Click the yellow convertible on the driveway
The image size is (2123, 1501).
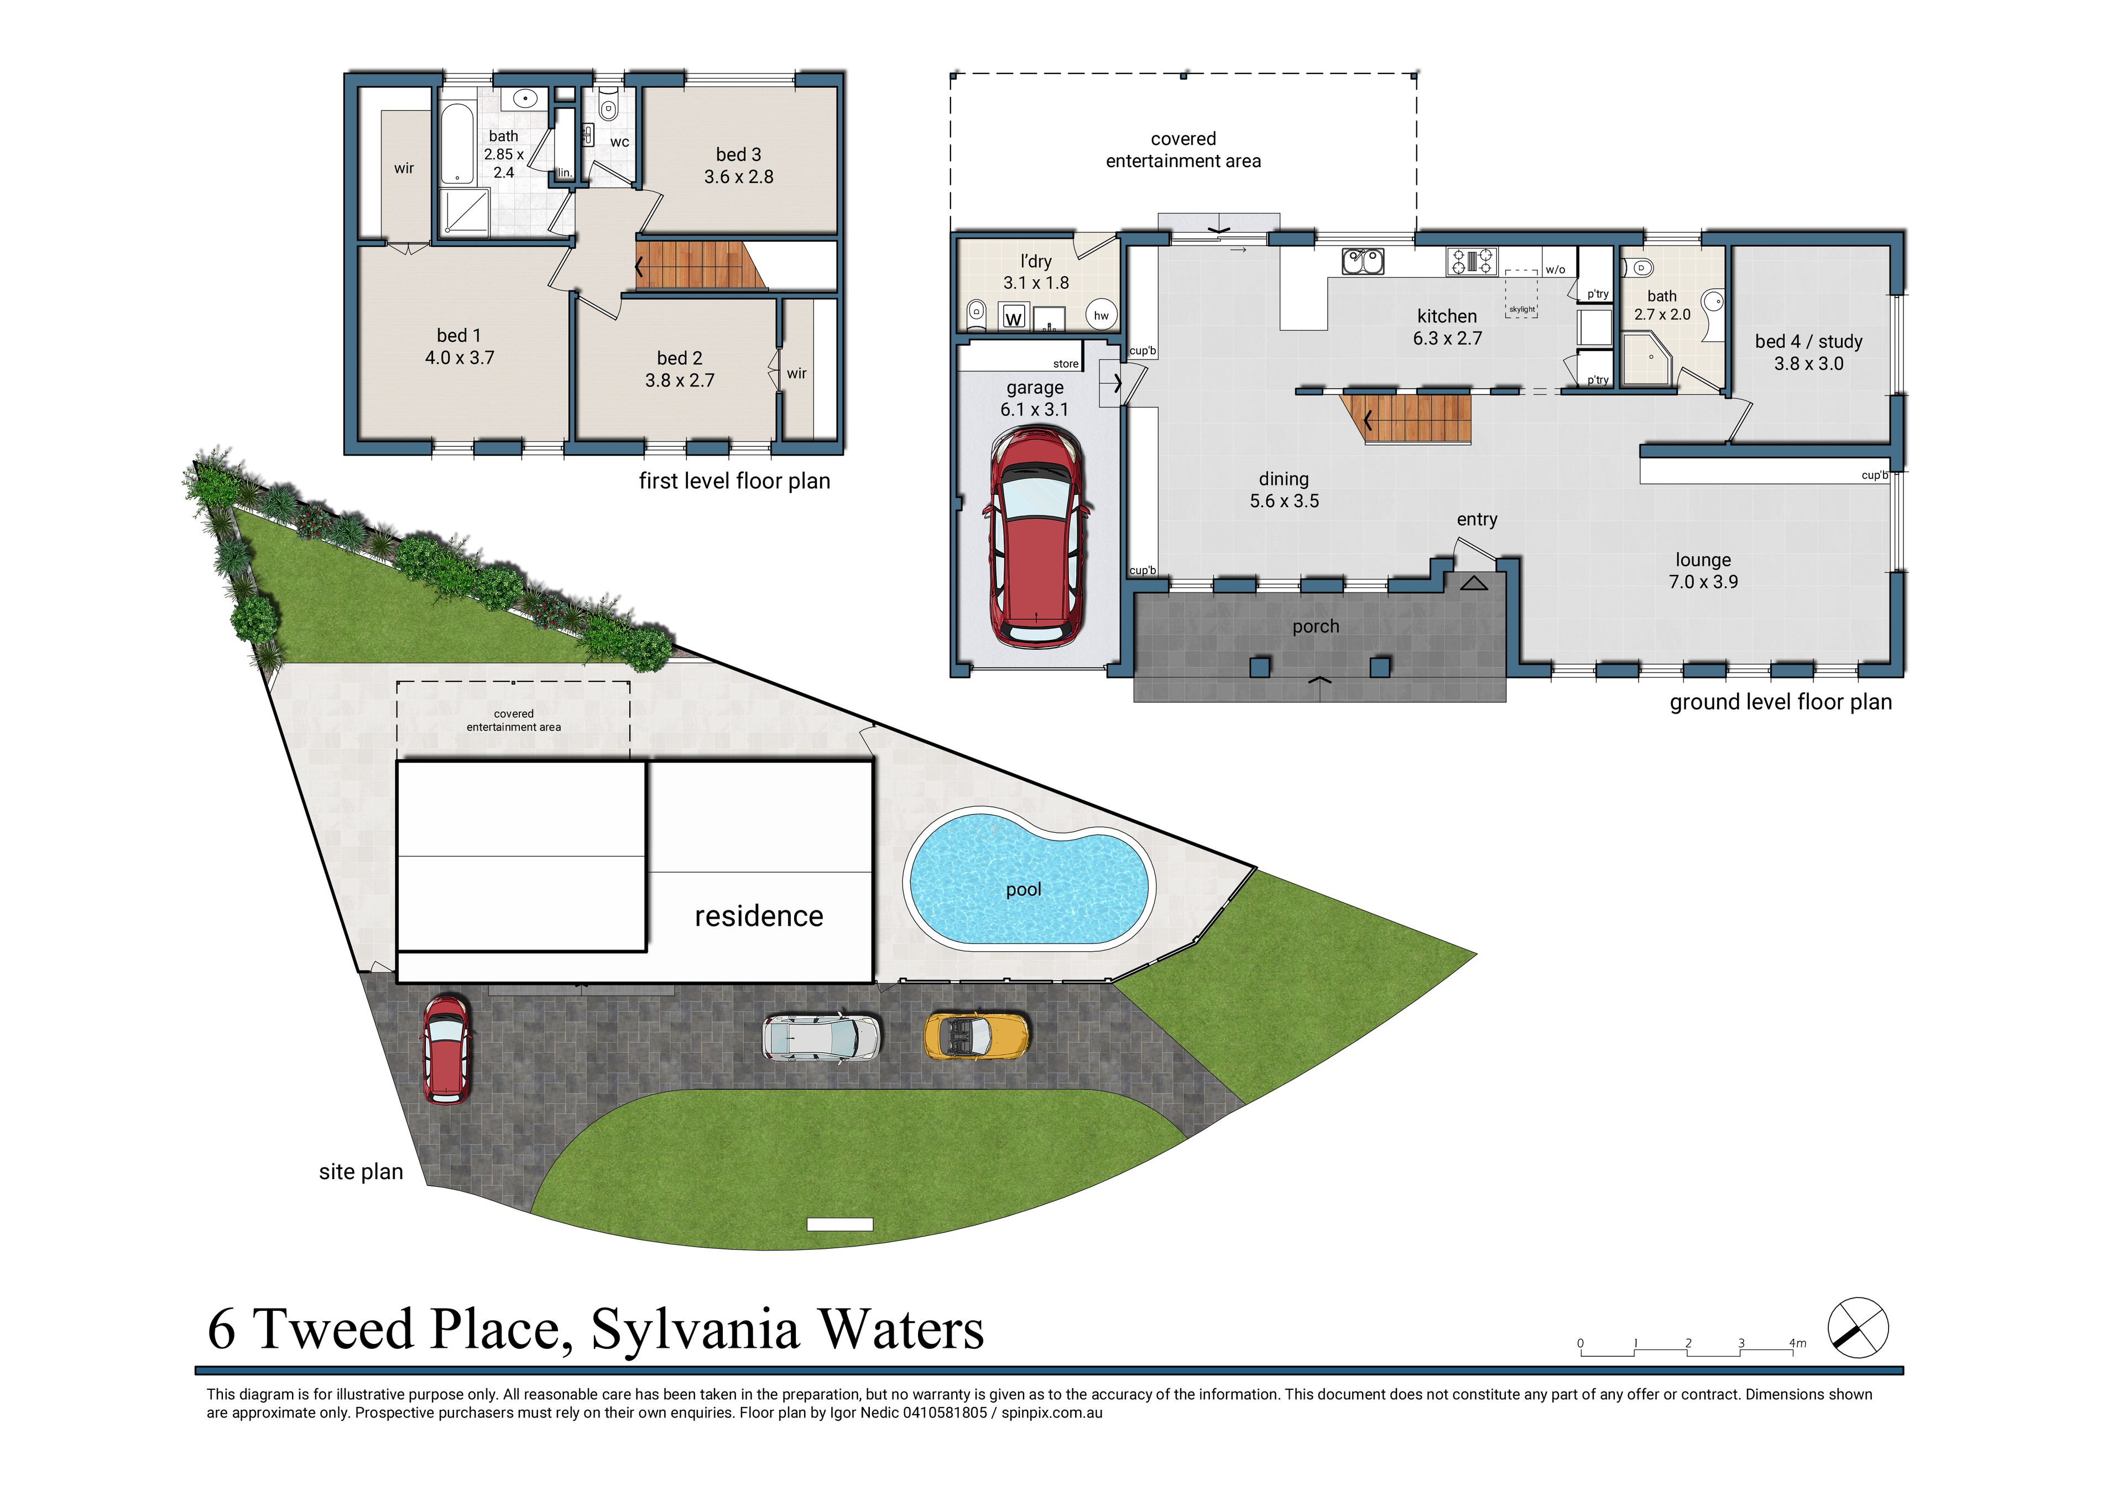pos(977,1036)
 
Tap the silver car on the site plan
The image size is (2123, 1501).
pos(821,1037)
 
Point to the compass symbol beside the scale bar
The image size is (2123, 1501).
pos(1858,1328)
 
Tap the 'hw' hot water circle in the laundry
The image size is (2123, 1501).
pos(1100,315)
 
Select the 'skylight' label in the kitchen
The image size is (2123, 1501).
pos(1521,310)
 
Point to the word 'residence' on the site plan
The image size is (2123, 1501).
pos(758,915)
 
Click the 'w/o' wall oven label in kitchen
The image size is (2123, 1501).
pos(1555,270)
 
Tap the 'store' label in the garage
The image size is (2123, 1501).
pos(1065,363)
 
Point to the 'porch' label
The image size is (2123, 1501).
pos(1315,626)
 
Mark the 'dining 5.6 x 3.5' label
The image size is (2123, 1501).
pos(1284,490)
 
